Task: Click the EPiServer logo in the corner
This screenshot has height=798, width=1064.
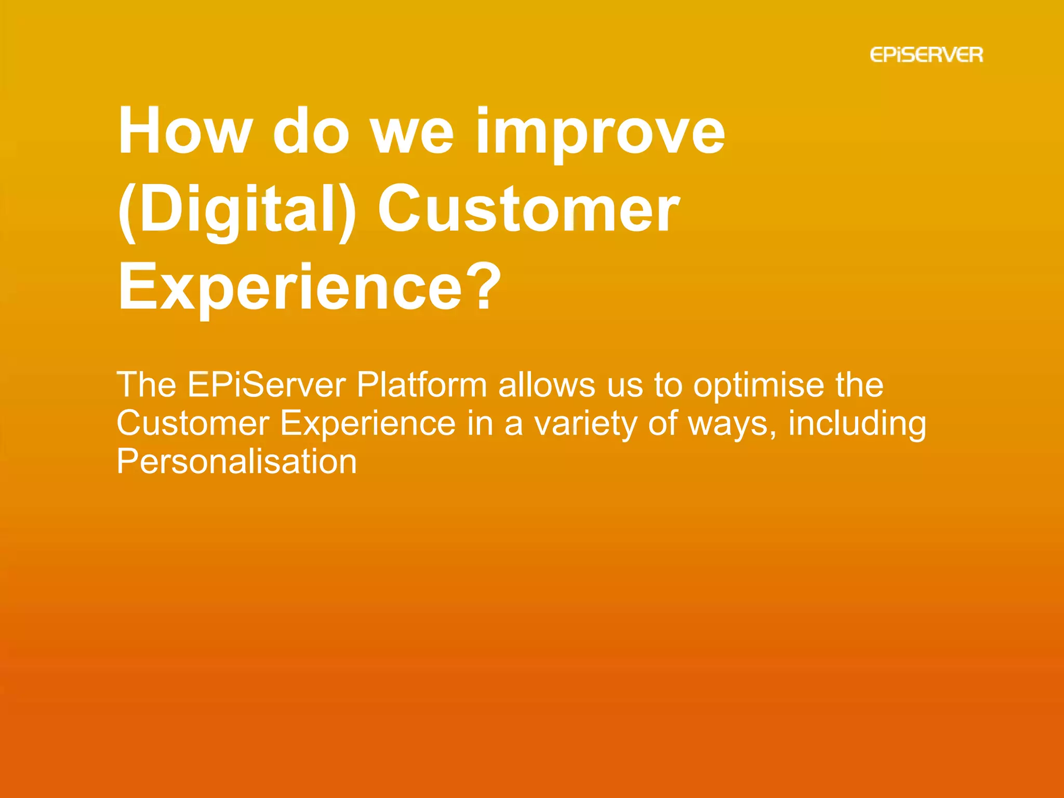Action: click(x=926, y=55)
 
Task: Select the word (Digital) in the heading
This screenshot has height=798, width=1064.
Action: click(x=237, y=210)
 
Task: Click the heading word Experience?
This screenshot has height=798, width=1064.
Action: click(x=309, y=287)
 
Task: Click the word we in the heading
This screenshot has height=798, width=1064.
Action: click(x=413, y=134)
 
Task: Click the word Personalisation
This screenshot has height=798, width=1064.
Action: click(x=236, y=462)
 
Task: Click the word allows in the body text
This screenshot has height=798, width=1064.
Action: click(x=547, y=385)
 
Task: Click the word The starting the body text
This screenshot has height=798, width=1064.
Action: click(x=147, y=385)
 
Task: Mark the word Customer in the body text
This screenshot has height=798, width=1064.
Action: click(x=193, y=423)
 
